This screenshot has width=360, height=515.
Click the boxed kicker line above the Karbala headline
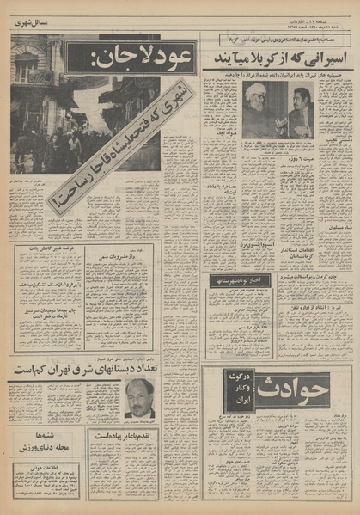coord(258,40)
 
